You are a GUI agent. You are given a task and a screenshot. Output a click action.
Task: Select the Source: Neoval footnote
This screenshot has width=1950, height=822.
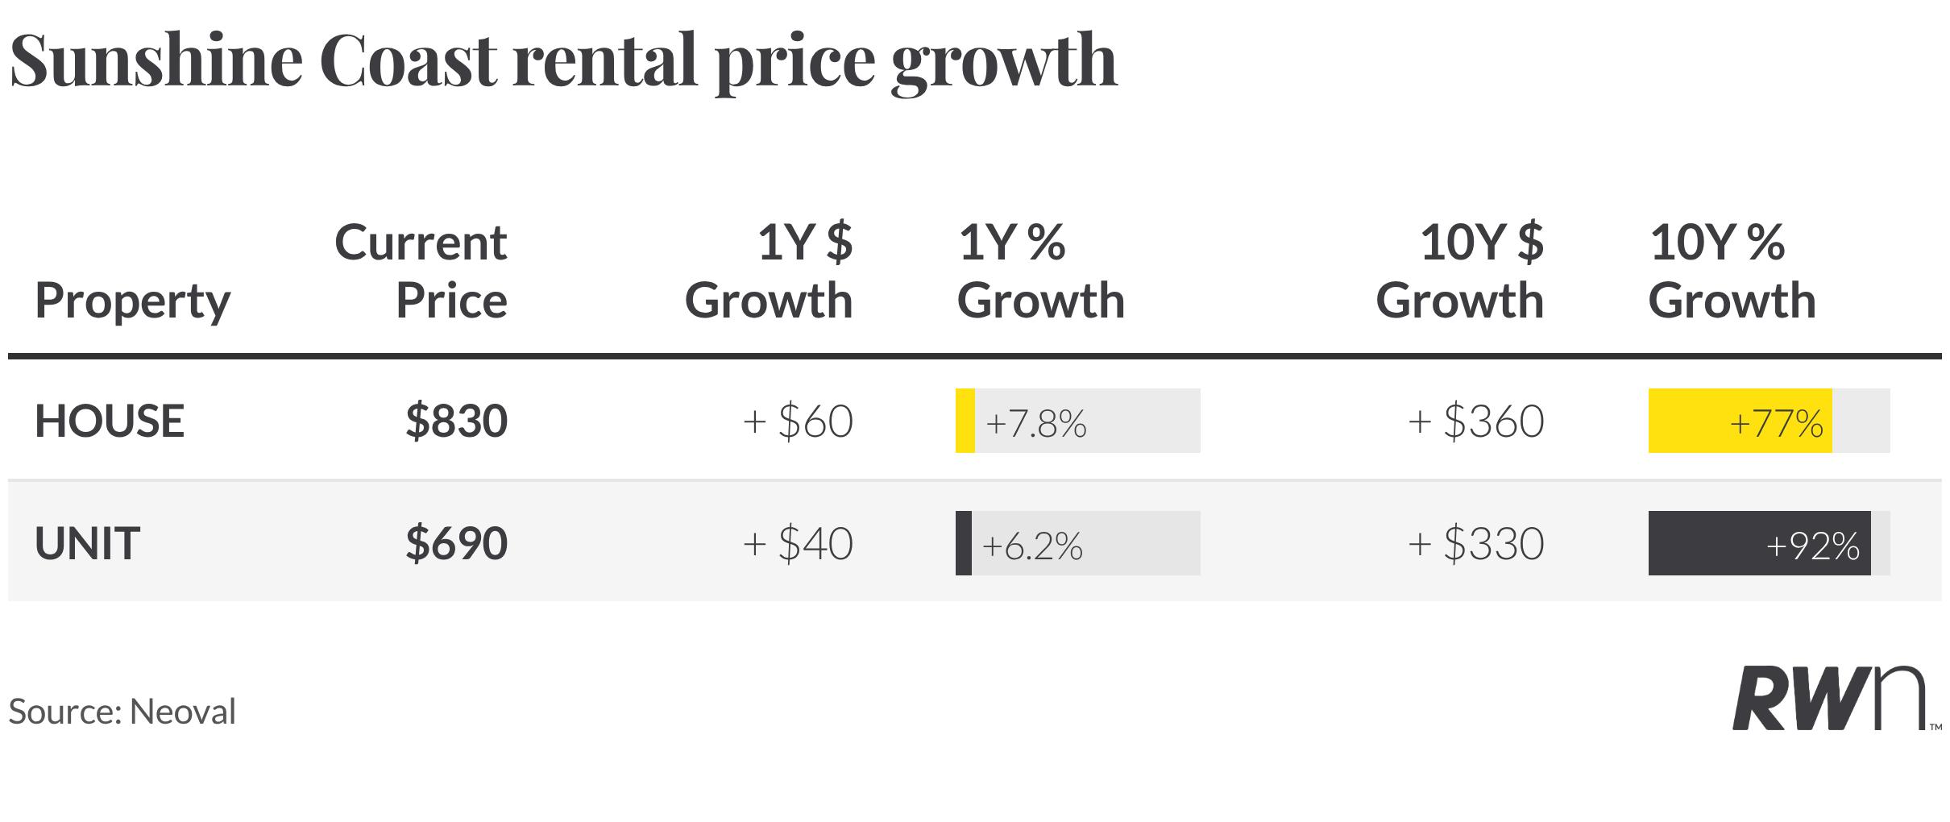coord(122,712)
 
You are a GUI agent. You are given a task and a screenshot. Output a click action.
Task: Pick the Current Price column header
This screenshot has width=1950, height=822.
coord(421,272)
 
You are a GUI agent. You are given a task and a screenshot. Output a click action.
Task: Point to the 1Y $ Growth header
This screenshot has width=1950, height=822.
coord(769,272)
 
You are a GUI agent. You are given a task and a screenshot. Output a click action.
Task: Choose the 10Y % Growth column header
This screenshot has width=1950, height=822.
coord(1732,272)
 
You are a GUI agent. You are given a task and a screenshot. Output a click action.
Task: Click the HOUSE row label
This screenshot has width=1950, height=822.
coord(110,421)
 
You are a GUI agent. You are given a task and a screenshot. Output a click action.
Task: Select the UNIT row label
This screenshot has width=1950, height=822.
coord(87,543)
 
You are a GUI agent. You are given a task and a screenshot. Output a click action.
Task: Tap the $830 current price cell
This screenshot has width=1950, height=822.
coord(457,421)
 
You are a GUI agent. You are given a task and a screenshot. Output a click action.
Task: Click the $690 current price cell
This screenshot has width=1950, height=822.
coord(457,543)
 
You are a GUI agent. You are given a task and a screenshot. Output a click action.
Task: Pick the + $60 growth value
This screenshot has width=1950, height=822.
coord(798,421)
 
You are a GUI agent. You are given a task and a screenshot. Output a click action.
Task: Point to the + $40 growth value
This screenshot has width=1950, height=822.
coord(798,543)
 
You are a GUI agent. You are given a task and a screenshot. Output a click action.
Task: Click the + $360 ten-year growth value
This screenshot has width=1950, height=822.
coord(1476,421)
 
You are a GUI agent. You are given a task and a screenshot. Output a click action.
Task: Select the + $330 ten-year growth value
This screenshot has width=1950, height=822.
coord(1476,543)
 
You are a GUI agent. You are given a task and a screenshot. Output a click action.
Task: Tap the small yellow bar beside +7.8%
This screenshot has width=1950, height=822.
coord(965,421)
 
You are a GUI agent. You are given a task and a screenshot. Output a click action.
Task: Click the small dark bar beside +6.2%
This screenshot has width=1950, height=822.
coord(964,543)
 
